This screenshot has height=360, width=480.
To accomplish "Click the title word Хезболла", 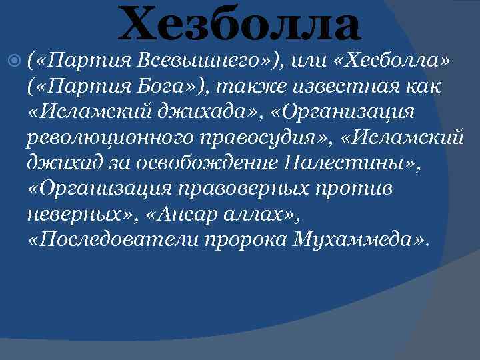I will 240,24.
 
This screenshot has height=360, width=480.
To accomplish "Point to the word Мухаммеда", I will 354,239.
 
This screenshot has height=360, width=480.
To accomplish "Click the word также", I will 257,87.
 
